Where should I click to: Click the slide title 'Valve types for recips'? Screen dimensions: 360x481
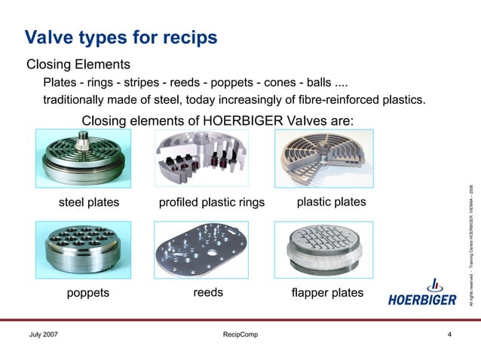coord(121,36)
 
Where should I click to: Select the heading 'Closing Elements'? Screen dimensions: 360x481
coord(78,64)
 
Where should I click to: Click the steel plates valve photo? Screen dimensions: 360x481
coord(84,159)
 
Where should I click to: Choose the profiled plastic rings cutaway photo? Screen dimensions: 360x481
coord(201,159)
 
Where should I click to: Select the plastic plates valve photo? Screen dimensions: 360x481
coord(320,159)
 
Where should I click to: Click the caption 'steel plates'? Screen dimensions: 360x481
coord(89,203)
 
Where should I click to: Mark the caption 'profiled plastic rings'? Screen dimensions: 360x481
coord(212,203)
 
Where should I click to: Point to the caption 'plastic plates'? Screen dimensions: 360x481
coord(332,202)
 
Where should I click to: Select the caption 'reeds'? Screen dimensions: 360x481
coord(208,292)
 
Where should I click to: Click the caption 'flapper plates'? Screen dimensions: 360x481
coord(326,292)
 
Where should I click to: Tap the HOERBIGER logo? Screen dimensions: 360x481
coord(422,294)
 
